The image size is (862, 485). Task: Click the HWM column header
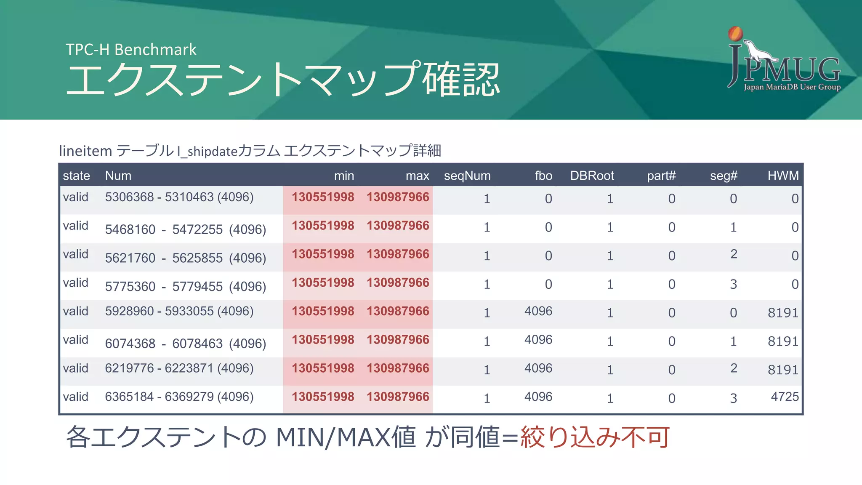(783, 176)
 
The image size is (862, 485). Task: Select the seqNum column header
(467, 176)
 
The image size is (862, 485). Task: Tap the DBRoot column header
(592, 176)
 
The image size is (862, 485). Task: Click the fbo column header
(543, 176)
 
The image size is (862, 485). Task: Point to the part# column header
(661, 176)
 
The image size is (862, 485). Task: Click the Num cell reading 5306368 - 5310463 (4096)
(179, 197)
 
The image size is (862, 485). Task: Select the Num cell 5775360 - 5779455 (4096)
(185, 287)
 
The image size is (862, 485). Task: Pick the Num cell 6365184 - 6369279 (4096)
(179, 397)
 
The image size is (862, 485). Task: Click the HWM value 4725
(785, 397)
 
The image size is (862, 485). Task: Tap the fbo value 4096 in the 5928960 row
(538, 311)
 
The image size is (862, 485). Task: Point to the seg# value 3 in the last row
(733, 398)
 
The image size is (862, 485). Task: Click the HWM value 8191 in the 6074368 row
(783, 341)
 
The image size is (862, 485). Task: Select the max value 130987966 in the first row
(398, 197)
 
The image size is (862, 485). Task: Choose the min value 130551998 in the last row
(323, 397)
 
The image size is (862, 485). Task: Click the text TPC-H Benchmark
(131, 50)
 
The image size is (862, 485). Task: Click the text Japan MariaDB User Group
(792, 87)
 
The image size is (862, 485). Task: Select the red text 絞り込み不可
(595, 437)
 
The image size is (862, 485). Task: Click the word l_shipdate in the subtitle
(207, 151)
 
